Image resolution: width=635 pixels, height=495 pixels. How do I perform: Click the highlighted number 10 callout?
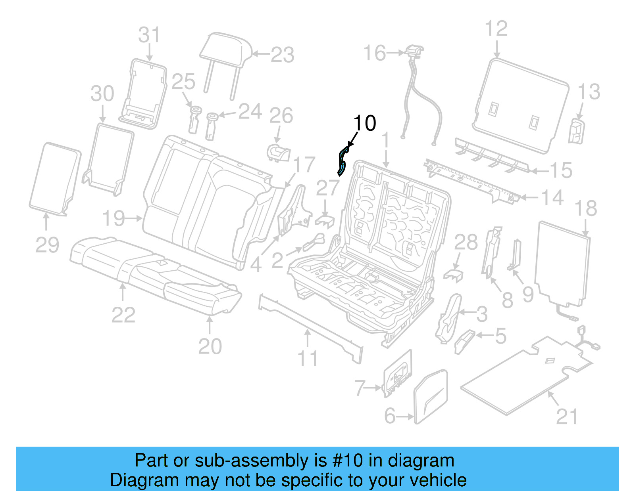[364, 123]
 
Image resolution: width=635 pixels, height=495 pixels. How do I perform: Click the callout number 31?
[149, 35]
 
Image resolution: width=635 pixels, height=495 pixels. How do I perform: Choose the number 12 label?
[496, 29]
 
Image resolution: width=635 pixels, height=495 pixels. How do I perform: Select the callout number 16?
[374, 53]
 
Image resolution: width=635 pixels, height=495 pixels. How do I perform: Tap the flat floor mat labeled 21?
[524, 377]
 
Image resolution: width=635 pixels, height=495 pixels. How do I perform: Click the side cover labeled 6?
[431, 396]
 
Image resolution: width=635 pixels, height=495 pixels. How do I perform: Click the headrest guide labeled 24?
[211, 126]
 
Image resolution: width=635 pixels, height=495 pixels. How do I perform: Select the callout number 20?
[210, 346]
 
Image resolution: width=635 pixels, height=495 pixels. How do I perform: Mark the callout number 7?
[360, 388]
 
